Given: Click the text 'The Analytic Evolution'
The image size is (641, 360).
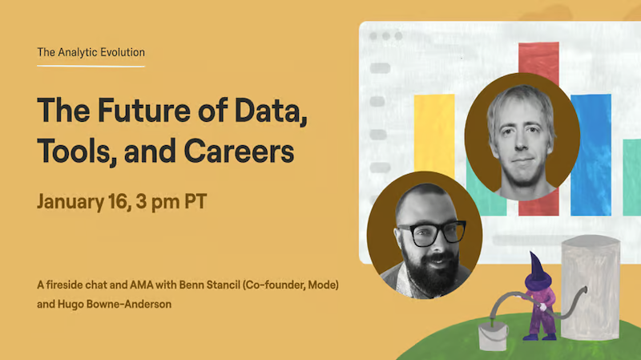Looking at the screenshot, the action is (x=91, y=52).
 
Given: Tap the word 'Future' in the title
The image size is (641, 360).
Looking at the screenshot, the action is (x=144, y=111).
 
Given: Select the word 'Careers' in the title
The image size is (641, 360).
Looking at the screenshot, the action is (x=239, y=151).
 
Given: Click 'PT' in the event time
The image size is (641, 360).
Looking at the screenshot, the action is (x=196, y=201).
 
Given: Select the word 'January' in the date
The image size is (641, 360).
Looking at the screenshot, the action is (x=71, y=202).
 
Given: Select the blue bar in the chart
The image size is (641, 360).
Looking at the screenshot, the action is (x=591, y=155).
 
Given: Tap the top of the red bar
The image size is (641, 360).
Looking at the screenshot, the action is (x=538, y=43).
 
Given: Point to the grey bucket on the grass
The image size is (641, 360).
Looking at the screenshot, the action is (x=493, y=335).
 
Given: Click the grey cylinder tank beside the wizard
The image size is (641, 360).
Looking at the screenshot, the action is (x=591, y=287).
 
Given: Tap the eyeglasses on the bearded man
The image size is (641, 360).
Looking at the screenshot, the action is (x=432, y=233).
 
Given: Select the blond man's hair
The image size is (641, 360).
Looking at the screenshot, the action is (x=522, y=104).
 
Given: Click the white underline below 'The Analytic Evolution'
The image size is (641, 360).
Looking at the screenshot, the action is (x=91, y=66).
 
